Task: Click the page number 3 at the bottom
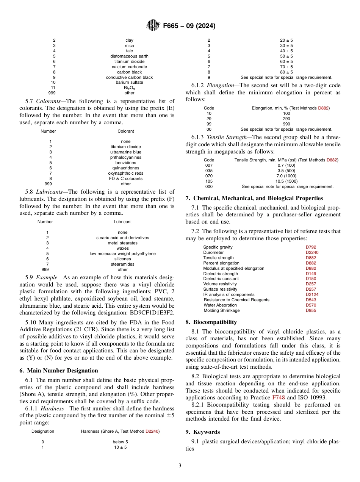tap(180, 465)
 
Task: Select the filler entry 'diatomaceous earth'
tap(129, 56)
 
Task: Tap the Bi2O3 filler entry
tap(129, 88)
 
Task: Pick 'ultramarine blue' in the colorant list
tap(125, 152)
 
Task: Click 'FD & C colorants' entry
tap(125, 178)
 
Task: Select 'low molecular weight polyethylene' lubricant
tap(122, 254)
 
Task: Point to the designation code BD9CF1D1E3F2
tap(152, 313)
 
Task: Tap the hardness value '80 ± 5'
tap(286, 72)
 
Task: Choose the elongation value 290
tap(286, 119)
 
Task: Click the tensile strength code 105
tap(208, 181)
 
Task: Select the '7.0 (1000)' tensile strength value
tap(286, 176)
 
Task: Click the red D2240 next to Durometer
tap(312, 252)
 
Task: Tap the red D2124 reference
tap(312, 294)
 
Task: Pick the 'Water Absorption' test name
tap(220, 305)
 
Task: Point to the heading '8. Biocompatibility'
tap(211, 322)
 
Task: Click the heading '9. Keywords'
tap(203, 432)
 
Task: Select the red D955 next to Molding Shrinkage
tap(311, 310)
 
